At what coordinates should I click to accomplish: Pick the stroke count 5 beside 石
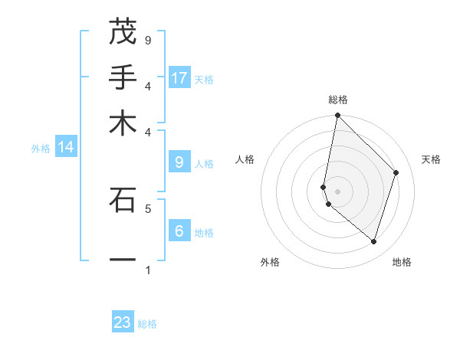(x=148, y=208)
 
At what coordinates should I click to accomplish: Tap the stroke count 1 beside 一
(x=148, y=270)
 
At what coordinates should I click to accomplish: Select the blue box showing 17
(x=179, y=77)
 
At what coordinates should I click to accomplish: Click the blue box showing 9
(x=179, y=162)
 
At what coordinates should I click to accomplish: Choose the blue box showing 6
(x=179, y=231)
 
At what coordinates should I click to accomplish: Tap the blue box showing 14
(x=66, y=147)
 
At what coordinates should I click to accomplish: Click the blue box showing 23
(x=123, y=322)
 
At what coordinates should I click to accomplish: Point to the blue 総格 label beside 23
(x=148, y=324)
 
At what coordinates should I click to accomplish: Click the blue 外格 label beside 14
(x=41, y=149)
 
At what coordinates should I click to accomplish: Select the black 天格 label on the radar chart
(x=431, y=159)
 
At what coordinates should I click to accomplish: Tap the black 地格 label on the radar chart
(x=402, y=262)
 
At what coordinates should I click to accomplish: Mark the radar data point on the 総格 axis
(x=337, y=116)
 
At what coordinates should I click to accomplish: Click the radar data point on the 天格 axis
(x=396, y=172)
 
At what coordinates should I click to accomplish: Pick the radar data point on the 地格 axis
(x=373, y=241)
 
